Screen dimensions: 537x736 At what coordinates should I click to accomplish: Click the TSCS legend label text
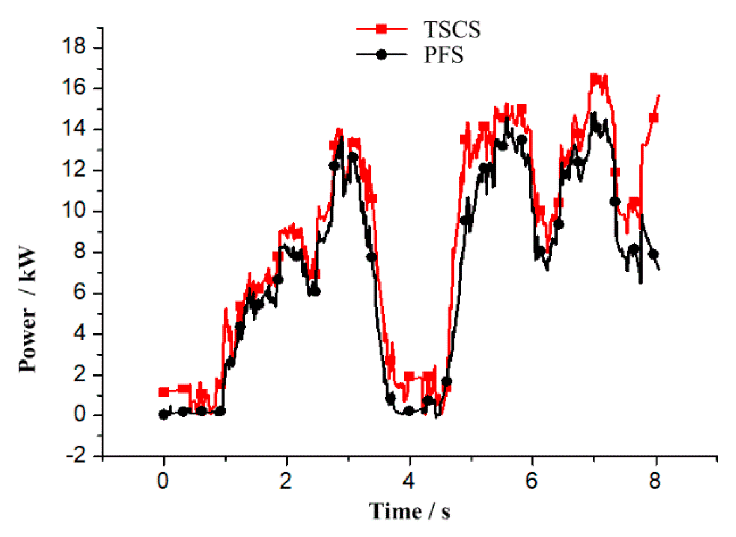[x=452, y=30]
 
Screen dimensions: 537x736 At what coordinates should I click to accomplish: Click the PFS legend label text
[x=443, y=55]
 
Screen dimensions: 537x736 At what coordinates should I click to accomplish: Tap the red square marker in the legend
[x=382, y=29]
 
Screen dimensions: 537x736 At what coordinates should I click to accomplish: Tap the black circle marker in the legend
[x=382, y=54]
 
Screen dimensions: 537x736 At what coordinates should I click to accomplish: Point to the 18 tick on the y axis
[x=73, y=46]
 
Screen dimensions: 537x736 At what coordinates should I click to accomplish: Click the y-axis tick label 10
[x=73, y=210]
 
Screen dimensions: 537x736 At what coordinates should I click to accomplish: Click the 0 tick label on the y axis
[x=80, y=415]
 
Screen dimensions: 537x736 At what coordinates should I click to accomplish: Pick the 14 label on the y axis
[x=73, y=128]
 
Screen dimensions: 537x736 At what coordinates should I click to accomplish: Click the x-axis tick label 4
[x=408, y=481]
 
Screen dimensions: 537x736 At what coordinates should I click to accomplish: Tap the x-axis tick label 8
[x=654, y=481]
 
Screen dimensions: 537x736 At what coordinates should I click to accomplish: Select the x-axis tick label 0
[x=163, y=481]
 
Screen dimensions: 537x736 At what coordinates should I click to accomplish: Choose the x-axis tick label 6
[x=531, y=481]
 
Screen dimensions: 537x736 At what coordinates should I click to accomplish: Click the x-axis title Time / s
[x=409, y=511]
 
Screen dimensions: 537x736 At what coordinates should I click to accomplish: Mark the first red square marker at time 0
[x=164, y=392]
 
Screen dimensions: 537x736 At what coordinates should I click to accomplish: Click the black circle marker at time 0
[x=164, y=415]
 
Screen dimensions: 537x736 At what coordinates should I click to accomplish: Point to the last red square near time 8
[x=653, y=118]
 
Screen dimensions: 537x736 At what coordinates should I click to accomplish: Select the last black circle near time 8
[x=653, y=254]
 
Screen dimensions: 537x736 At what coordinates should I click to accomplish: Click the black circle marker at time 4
[x=409, y=411]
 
